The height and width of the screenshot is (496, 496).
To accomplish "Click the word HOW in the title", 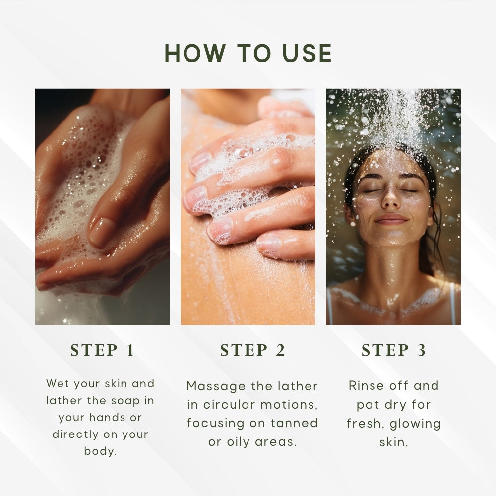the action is [x=195, y=53].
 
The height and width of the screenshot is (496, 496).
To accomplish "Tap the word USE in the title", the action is [x=307, y=53].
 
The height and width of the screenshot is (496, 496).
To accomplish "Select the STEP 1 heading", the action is [x=102, y=350].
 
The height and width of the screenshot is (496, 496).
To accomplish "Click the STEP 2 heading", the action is [x=253, y=350].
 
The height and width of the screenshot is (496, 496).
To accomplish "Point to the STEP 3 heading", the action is [x=393, y=350].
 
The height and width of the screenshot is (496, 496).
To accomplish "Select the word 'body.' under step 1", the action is [x=100, y=451].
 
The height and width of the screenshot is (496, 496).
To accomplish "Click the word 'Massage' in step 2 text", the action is [x=216, y=386].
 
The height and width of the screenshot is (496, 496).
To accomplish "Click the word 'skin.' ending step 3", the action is [x=394, y=442].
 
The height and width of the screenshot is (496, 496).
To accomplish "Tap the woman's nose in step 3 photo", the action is [x=391, y=199].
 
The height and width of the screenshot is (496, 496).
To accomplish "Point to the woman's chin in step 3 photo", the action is [x=391, y=238].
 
